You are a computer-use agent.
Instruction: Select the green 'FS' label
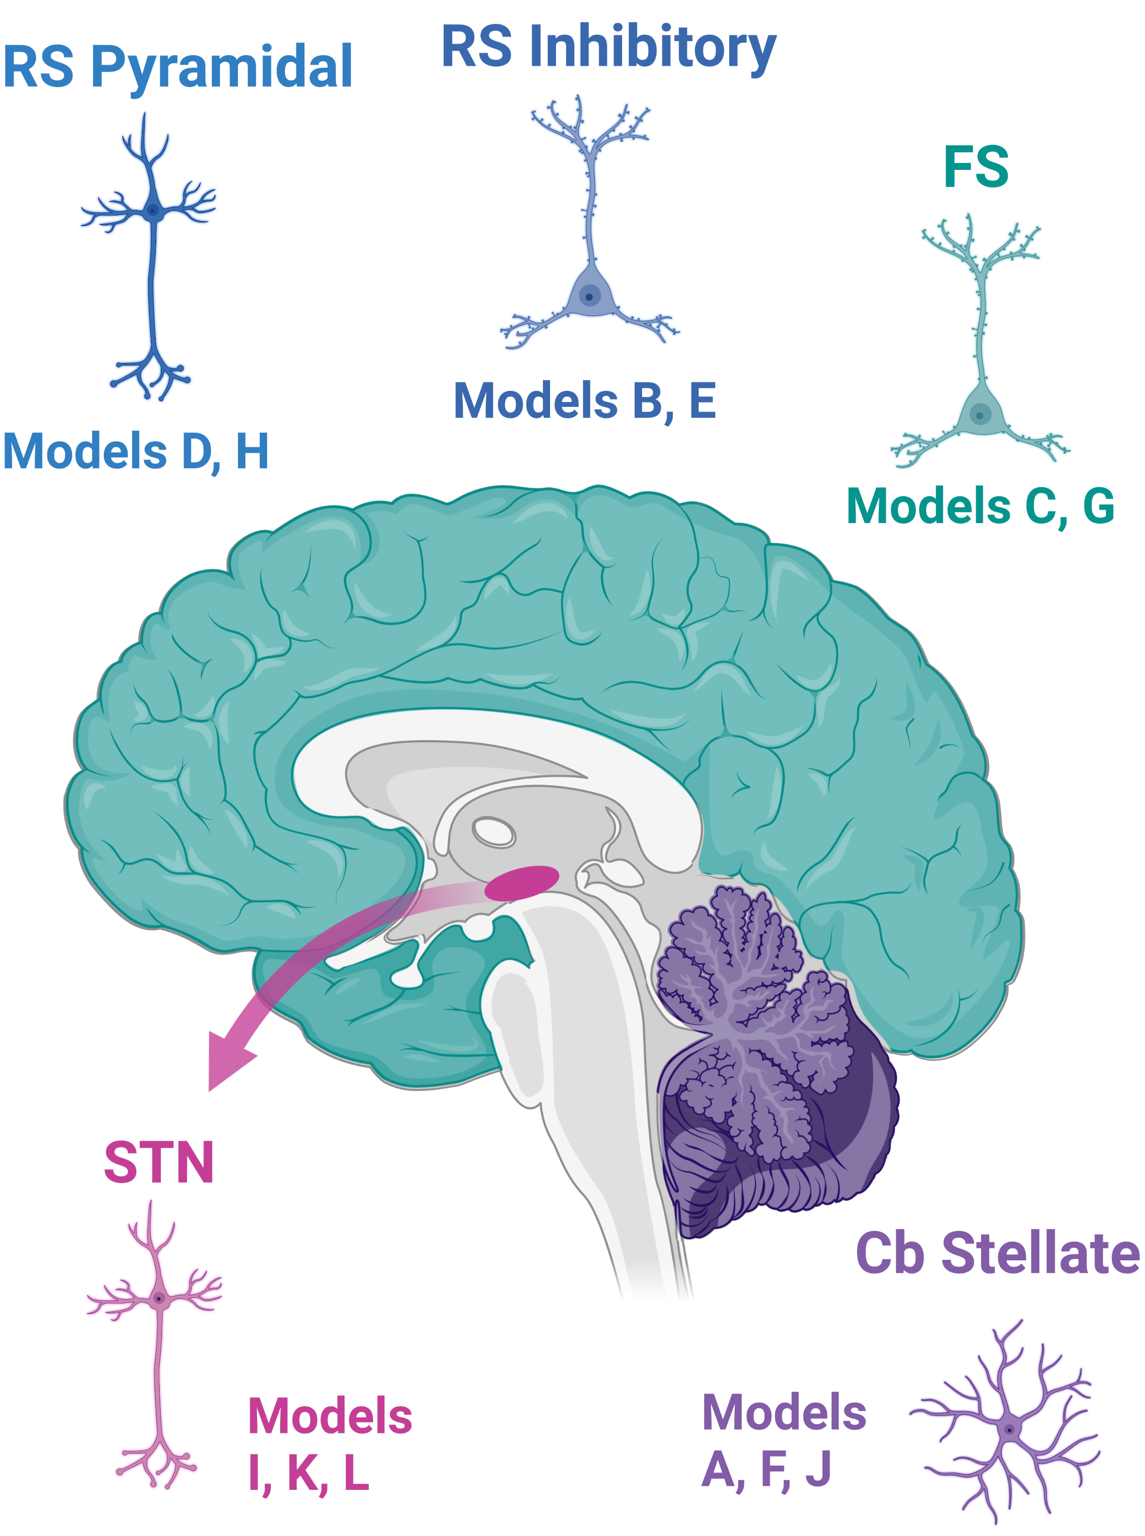975,167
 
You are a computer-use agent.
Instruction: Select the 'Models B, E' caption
585,401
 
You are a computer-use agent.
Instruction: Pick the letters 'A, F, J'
766,1469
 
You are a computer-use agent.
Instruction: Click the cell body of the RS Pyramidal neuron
153,210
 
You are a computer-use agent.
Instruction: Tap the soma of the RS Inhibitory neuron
589,295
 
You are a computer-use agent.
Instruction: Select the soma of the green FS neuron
979,414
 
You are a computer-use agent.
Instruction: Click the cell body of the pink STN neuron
159,1298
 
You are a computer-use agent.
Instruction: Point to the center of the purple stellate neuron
1009,1429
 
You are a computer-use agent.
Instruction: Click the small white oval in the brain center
493,831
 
